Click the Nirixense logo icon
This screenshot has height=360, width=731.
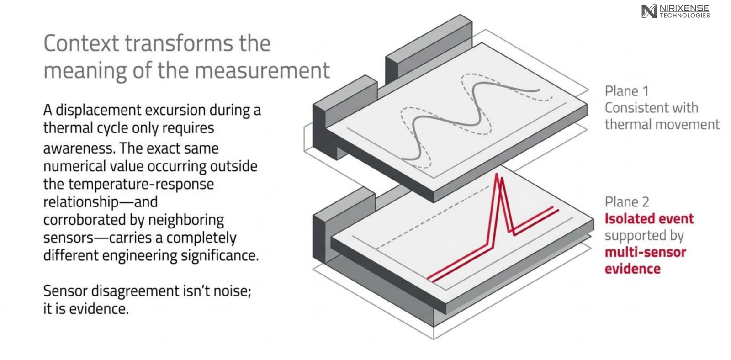pos(649,11)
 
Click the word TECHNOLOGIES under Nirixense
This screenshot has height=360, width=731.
pos(685,16)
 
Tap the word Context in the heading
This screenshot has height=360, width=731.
pos(82,43)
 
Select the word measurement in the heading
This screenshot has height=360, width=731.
pos(263,70)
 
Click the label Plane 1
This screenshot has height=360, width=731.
pos(626,91)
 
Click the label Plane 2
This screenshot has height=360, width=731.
pos(627,202)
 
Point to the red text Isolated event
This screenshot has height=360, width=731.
pos(649,219)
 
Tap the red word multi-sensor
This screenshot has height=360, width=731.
pos(645,252)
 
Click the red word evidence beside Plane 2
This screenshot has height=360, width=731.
pos(632,269)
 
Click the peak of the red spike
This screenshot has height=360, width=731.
pos(496,174)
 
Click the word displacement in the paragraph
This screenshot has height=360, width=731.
pos(99,110)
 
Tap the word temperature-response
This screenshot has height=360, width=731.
pos(141,185)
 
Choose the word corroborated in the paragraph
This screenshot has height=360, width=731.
pos(85,220)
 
